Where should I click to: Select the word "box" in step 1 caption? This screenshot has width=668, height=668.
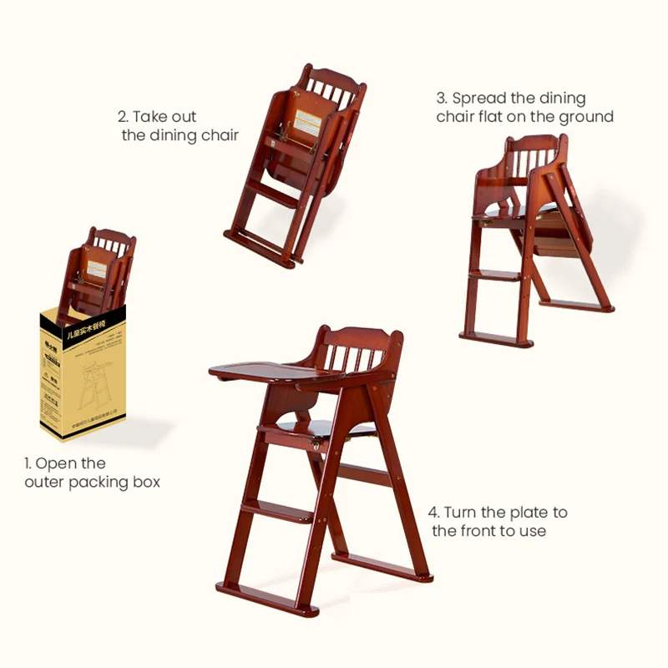click(x=144, y=482)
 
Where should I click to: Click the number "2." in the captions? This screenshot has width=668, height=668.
click(x=124, y=117)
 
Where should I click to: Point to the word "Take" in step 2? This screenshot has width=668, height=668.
click(x=152, y=117)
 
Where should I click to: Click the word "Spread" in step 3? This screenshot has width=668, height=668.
click(x=481, y=99)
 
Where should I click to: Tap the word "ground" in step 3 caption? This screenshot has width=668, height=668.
click(x=585, y=117)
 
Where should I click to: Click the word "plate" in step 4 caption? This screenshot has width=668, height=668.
click(x=527, y=512)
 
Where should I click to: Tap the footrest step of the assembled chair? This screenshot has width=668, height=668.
click(x=276, y=510)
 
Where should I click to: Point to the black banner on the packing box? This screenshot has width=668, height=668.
click(x=83, y=316)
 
